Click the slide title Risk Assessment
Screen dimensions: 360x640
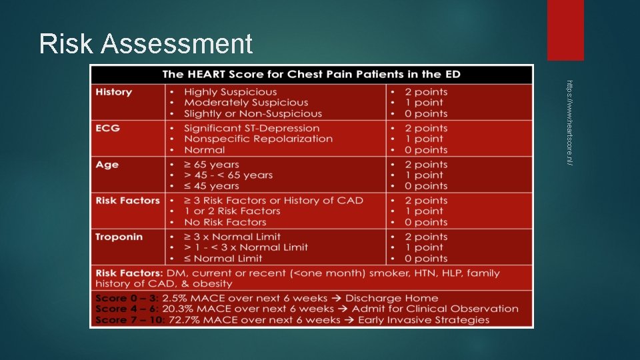click(x=146, y=44)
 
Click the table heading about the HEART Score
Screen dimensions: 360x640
click(x=311, y=74)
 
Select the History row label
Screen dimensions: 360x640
click(x=114, y=92)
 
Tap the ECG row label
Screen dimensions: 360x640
click(x=108, y=128)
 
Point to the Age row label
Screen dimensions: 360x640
click(x=107, y=164)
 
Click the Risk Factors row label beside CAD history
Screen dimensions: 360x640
click(x=128, y=200)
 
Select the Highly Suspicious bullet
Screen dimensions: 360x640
click(x=230, y=92)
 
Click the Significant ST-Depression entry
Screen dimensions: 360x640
click(x=251, y=128)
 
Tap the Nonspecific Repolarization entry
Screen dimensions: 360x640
click(x=258, y=139)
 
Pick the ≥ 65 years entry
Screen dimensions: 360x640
click(x=211, y=164)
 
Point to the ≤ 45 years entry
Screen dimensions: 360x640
click(x=211, y=186)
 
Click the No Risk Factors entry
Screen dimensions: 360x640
click(x=225, y=222)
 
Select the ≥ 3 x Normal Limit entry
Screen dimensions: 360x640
click(x=232, y=237)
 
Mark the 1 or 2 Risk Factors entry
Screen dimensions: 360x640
click(x=232, y=211)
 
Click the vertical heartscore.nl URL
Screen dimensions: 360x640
click(x=569, y=123)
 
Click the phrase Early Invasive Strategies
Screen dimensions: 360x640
click(x=423, y=320)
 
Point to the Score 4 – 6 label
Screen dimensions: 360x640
click(x=125, y=309)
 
